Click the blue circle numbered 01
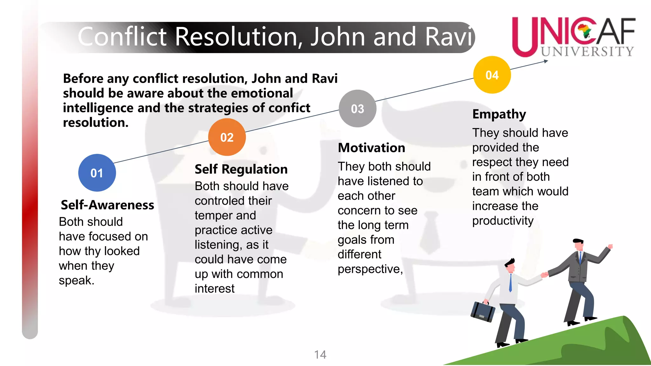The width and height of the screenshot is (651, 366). [97, 173]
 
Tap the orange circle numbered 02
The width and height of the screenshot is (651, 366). [227, 137]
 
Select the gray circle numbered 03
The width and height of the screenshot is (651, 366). [358, 109]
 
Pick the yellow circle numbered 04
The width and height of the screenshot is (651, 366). [492, 75]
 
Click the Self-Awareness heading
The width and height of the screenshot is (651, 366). [107, 205]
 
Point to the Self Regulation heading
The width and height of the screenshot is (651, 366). [241, 169]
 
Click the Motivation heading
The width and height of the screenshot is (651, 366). [371, 148]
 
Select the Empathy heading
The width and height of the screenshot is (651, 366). [499, 114]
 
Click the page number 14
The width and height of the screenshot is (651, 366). [320, 355]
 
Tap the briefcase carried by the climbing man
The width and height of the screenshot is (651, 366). [483, 311]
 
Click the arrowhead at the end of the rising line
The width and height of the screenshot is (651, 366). [546, 61]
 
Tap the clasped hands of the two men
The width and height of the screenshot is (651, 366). [545, 274]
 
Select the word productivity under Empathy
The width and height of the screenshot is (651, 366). [503, 221]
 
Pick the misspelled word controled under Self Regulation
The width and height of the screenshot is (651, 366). [233, 201]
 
